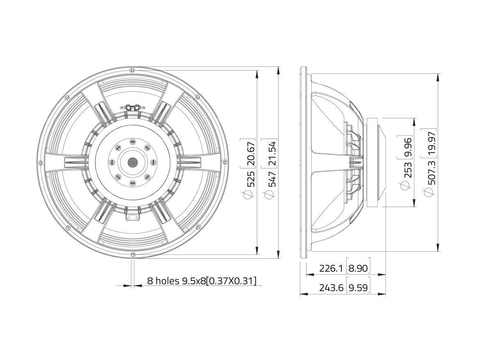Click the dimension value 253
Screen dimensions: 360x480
tap(407, 169)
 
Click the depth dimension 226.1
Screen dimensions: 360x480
tap(331, 269)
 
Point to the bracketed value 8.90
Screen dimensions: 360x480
tap(358, 269)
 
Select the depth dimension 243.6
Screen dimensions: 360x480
tap(331, 288)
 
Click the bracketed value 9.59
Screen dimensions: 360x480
tap(358, 288)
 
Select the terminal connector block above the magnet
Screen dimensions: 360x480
tap(133, 107)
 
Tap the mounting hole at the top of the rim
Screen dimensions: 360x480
tap(132, 71)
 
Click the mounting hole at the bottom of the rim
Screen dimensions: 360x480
tap(132, 255)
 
